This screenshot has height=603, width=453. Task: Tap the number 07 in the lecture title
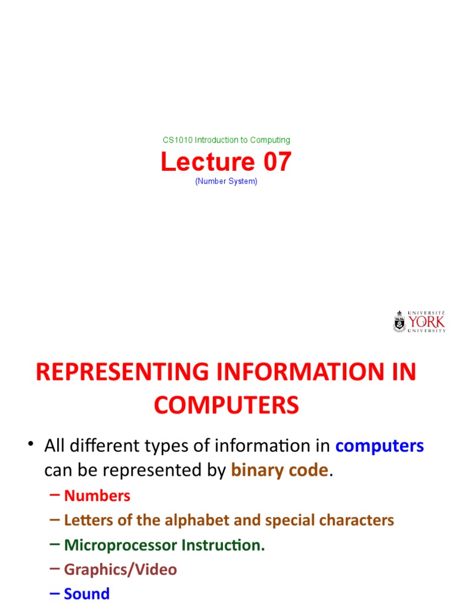273,162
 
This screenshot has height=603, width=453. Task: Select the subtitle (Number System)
226,181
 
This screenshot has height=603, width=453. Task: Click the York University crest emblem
400,322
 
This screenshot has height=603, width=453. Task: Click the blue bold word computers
379,446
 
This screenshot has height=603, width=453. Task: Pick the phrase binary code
279,470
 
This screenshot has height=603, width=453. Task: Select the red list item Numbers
97,496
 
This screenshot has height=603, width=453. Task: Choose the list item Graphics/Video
120,569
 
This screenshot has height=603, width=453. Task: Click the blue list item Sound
87,594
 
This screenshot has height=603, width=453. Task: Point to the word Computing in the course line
270,140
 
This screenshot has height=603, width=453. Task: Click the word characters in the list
359,521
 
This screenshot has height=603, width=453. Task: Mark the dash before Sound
55,594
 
